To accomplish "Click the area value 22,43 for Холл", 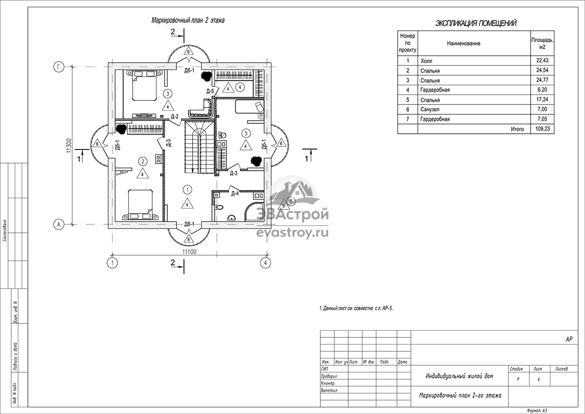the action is (542, 60).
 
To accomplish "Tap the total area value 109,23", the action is (542, 128).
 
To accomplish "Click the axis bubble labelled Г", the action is (59, 67).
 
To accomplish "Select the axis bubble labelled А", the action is (59, 224).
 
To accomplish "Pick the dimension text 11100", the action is (189, 252).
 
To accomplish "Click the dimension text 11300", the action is (69, 146).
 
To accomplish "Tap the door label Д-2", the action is (175, 117).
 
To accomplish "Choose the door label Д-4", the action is (235, 194).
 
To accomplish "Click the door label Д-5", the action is (210, 91).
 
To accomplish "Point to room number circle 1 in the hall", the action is (188, 190).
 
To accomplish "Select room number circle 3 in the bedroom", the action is (168, 93).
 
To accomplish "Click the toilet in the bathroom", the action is (220, 208).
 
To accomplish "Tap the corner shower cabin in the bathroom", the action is (254, 212).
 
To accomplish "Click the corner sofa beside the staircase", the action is (202, 109).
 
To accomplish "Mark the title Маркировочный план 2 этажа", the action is (188, 20).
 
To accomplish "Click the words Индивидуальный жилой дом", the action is (459, 376).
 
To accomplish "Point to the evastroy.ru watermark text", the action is (292, 233).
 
